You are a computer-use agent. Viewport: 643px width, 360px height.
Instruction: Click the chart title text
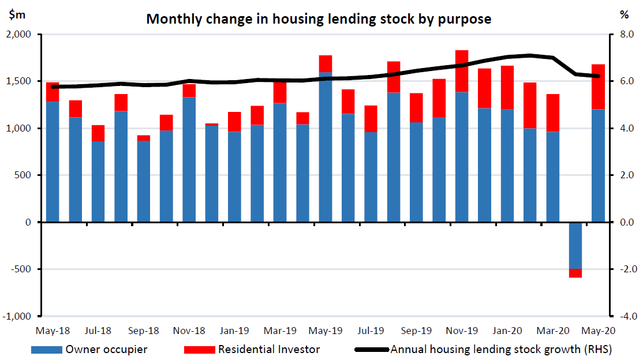tap(319, 18)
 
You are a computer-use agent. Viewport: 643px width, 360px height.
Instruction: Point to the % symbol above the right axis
tap(623, 15)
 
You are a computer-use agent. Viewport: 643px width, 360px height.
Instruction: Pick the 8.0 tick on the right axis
tap(627, 35)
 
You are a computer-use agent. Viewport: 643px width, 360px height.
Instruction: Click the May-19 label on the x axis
tap(326, 331)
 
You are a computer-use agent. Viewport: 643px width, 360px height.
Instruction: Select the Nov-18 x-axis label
tap(189, 331)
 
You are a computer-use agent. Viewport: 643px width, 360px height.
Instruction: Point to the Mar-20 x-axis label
tap(552, 331)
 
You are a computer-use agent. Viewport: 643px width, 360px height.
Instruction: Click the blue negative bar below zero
tap(575, 245)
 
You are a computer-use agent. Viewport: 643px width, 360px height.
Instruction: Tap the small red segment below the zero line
tap(575, 273)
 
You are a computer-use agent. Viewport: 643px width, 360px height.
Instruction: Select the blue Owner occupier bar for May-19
tap(326, 147)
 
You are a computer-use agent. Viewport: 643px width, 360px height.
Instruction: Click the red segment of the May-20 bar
tap(598, 87)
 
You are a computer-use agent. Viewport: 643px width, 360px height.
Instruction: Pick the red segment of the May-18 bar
tap(53, 92)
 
